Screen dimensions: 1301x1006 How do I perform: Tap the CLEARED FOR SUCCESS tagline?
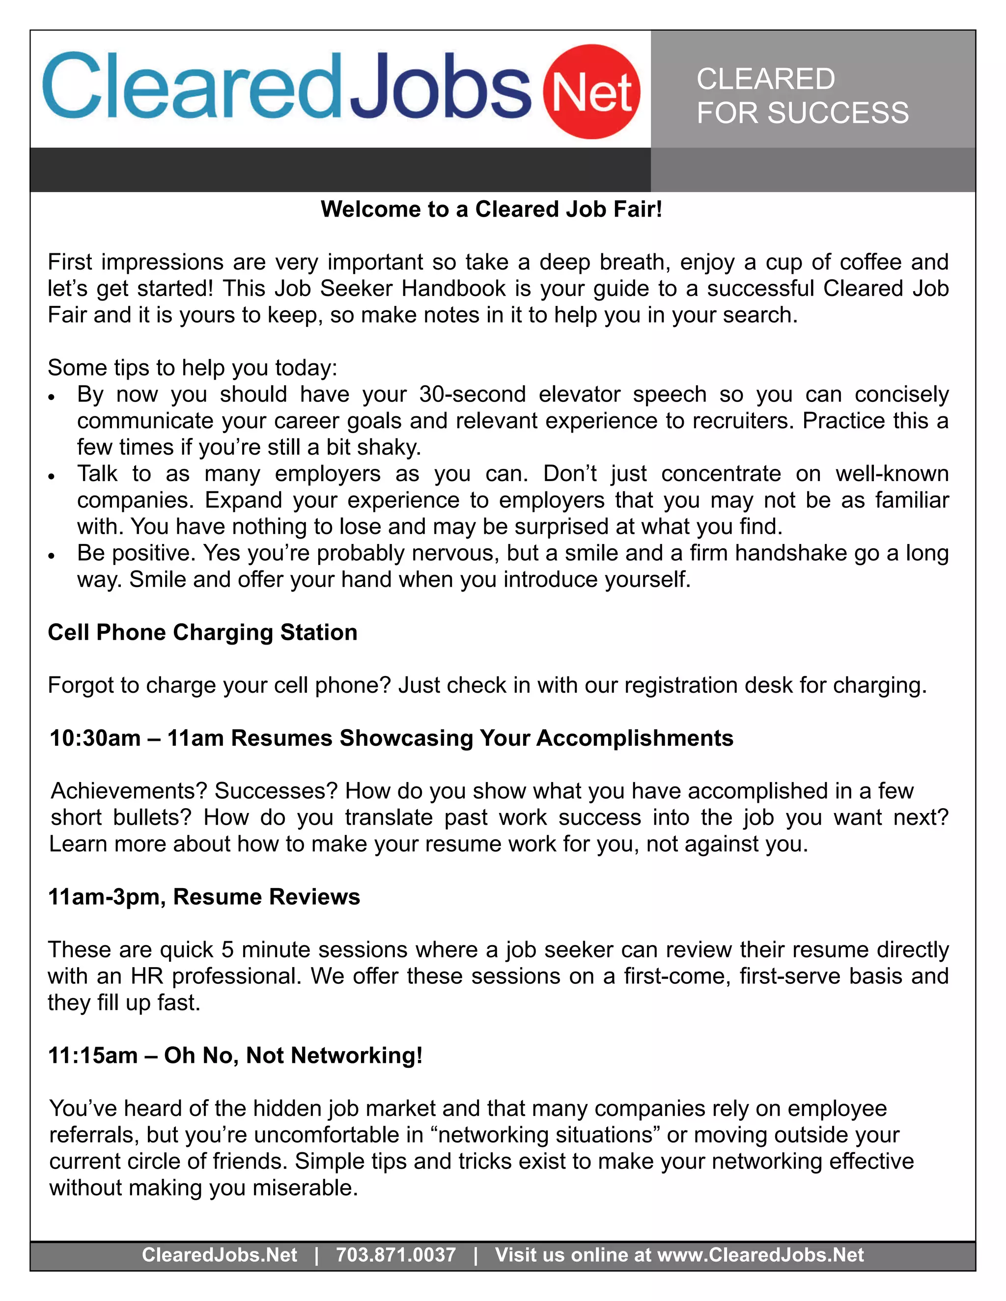(802, 96)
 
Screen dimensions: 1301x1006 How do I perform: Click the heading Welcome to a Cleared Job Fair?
(491, 209)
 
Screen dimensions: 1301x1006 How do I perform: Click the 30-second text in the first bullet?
(472, 394)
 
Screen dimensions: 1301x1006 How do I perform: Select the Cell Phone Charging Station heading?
(203, 632)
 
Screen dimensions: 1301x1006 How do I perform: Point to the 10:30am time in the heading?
(95, 738)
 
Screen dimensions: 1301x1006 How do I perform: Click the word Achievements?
(129, 791)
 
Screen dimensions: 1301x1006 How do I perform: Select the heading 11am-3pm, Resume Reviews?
(204, 896)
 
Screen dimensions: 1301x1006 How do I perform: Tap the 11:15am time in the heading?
(93, 1055)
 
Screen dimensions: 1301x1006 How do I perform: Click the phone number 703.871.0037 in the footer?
(396, 1254)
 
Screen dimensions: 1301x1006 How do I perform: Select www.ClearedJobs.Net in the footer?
(760, 1254)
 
